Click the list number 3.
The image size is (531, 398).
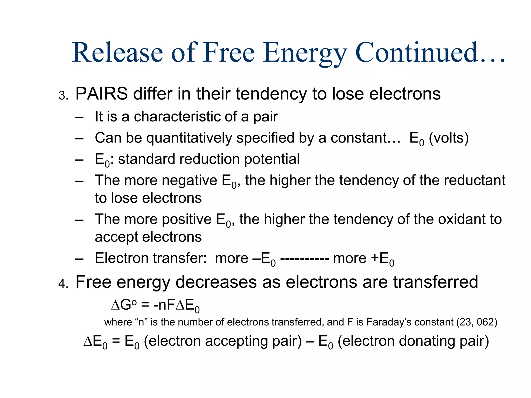click(x=62, y=96)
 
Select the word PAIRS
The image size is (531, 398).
click(x=101, y=94)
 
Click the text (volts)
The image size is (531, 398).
click(x=449, y=138)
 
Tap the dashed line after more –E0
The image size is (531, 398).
click(x=304, y=259)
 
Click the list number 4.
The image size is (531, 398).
click(x=62, y=284)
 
